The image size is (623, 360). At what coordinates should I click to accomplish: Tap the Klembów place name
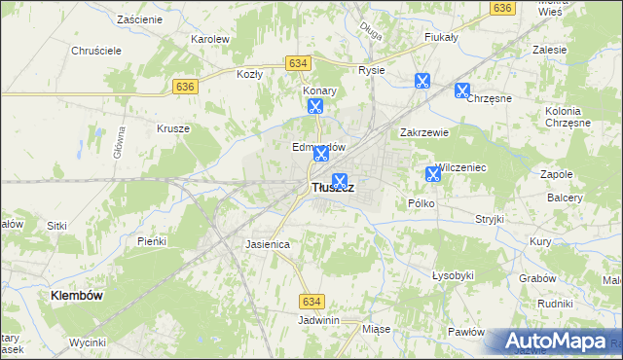[x=78, y=294]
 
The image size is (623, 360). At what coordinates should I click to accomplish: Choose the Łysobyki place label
[x=453, y=275]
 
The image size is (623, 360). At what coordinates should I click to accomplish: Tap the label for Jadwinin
[x=318, y=319]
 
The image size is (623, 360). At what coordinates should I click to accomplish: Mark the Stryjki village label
[x=490, y=219]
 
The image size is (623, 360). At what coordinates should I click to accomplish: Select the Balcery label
[x=565, y=198]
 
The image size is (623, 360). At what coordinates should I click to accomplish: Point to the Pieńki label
[x=152, y=240]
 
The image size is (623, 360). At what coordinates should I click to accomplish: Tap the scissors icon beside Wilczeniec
[x=433, y=175]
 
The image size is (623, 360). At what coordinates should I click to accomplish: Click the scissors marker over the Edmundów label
[x=321, y=153]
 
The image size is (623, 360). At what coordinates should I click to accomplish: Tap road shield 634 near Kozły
[x=299, y=62]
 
